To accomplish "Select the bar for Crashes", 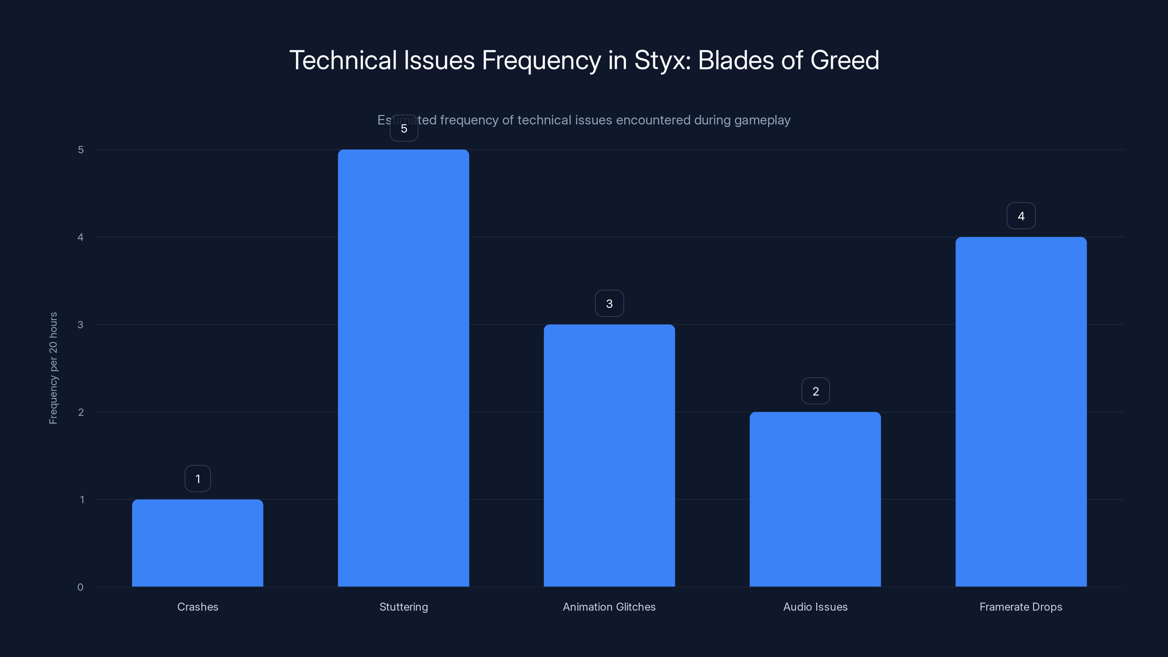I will point(198,543).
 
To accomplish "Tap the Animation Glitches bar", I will point(610,455).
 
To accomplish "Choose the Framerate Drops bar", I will point(1021,411).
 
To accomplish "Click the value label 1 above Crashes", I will point(198,479).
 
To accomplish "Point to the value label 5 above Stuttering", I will point(404,128).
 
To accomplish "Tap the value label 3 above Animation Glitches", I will point(610,303).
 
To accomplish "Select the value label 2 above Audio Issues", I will point(816,391).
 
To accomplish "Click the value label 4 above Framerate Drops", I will point(1021,216).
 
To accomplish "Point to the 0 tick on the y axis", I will point(80,587).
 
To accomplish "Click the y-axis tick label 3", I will point(80,324).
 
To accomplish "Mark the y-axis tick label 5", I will point(81,150).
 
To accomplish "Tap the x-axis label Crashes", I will point(198,607).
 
